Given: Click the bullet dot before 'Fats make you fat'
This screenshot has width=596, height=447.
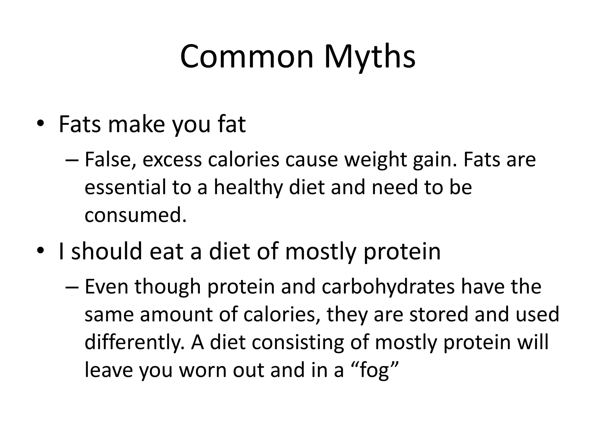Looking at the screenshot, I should tap(40, 124).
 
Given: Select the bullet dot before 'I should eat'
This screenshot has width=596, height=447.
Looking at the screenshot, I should tap(40, 251).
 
